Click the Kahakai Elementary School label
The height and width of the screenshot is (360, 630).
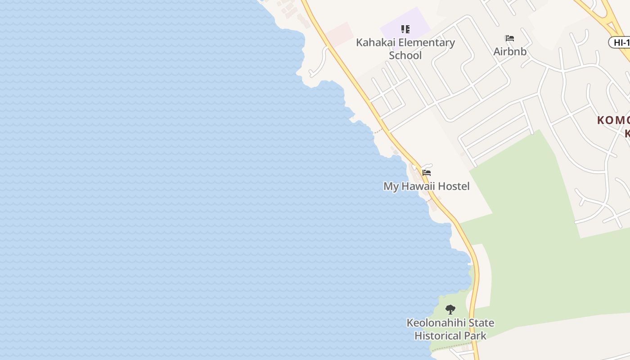pos(405,49)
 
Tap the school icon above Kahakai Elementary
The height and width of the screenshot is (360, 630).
pos(405,29)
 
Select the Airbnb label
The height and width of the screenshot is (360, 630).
pos(510,51)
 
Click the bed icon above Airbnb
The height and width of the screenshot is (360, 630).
pos(510,38)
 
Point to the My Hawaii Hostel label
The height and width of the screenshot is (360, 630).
pos(426,186)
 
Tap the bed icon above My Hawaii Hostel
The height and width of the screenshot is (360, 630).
pos(427,173)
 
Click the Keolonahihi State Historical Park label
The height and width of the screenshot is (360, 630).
pos(450,329)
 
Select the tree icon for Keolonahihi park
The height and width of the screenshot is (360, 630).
pos(450,310)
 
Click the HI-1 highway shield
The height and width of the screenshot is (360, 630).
pos(620,43)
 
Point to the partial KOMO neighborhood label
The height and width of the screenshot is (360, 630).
pos(613,121)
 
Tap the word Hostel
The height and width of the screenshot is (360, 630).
pos(454,186)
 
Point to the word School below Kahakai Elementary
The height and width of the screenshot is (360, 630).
pos(405,55)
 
